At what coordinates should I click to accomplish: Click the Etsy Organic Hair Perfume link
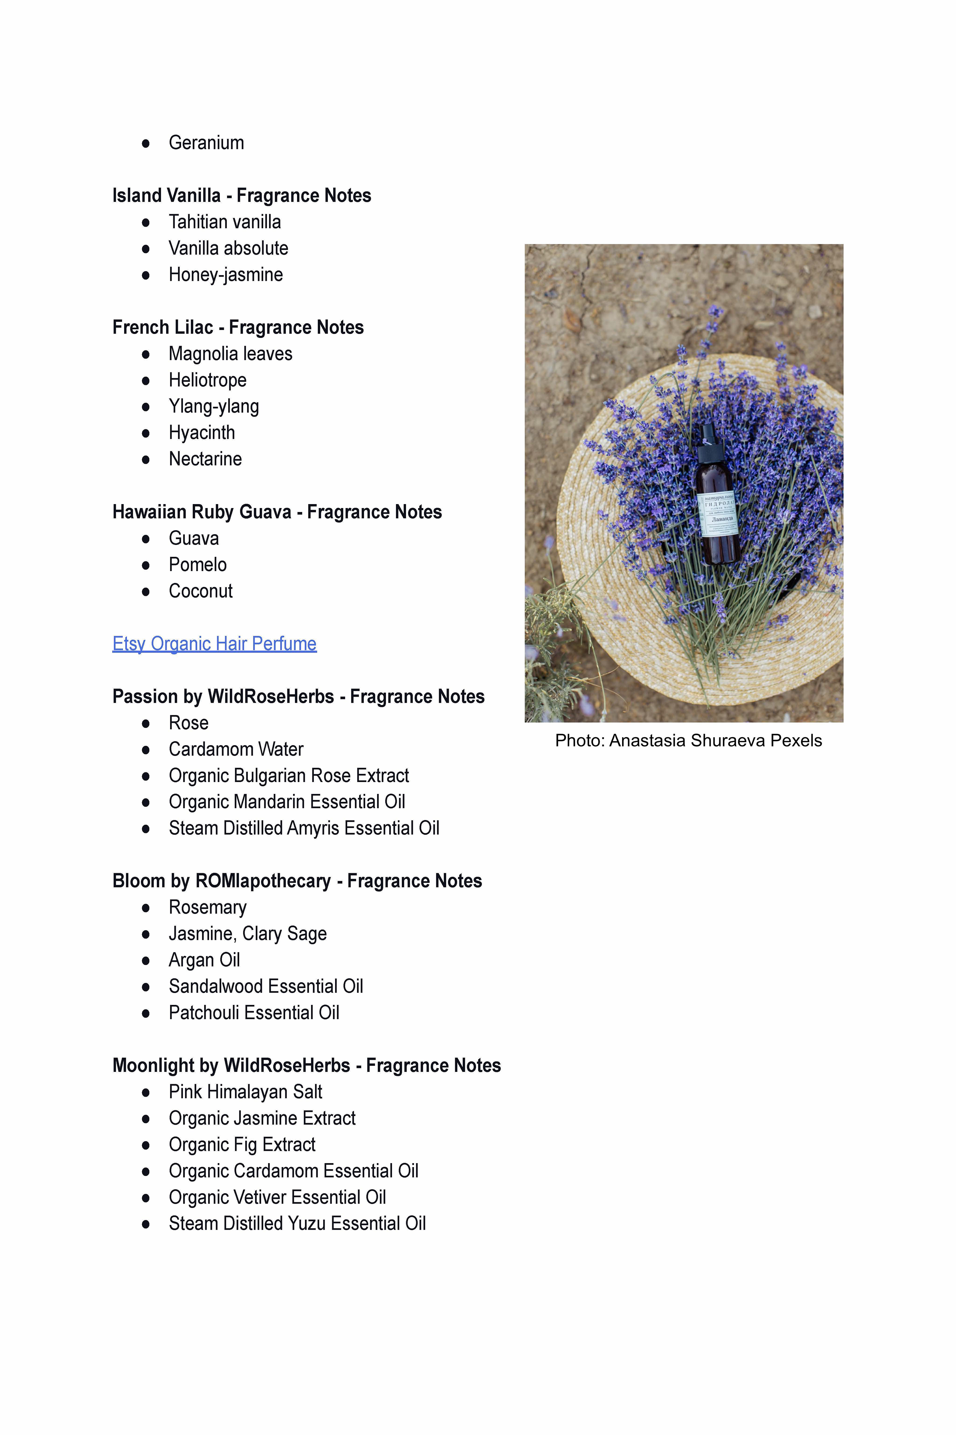[214, 644]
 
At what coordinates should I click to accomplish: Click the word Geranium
[206, 143]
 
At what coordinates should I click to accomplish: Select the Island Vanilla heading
[241, 196]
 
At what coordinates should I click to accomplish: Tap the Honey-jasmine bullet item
[226, 275]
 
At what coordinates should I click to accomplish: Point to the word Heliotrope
[207, 380]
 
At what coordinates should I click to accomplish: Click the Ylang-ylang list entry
[213, 406]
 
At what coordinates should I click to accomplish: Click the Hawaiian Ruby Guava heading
[277, 512]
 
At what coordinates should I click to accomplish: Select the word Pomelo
[198, 565]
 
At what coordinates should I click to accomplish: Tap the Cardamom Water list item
[236, 749]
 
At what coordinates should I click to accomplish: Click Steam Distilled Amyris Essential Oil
[303, 828]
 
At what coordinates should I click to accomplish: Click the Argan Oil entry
[204, 960]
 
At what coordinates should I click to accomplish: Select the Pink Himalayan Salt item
[245, 1092]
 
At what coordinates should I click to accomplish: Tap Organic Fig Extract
[242, 1145]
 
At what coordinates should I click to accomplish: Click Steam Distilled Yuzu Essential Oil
[297, 1223]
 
